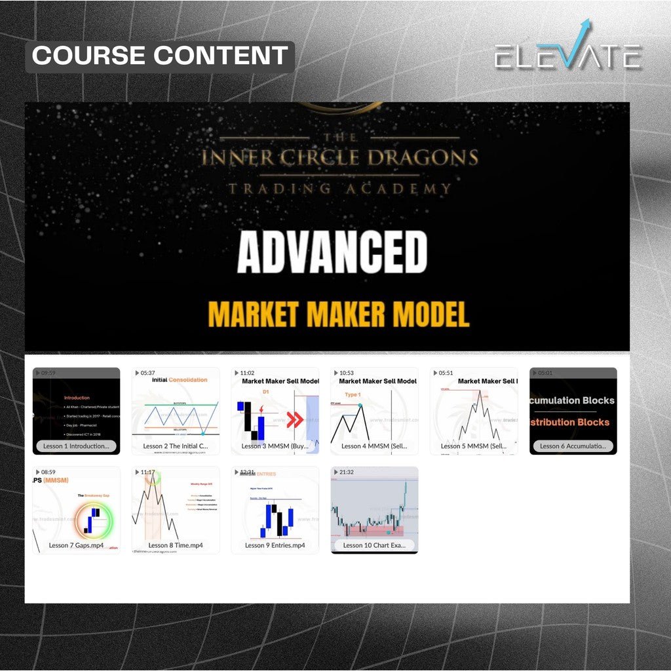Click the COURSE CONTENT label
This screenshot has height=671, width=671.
(x=160, y=56)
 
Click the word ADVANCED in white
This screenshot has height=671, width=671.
(x=332, y=253)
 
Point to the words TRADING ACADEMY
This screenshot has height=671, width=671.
(x=339, y=189)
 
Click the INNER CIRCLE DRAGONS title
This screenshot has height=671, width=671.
(x=339, y=158)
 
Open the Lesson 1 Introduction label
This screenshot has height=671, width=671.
(x=76, y=446)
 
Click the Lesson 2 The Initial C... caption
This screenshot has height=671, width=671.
(x=175, y=446)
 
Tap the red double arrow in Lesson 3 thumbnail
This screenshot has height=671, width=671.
(x=295, y=419)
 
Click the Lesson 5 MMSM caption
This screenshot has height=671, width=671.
(x=473, y=446)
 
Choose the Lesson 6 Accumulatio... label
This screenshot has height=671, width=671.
(x=573, y=446)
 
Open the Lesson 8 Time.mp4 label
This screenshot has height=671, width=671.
(x=175, y=545)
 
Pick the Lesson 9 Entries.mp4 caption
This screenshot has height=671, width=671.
(x=275, y=545)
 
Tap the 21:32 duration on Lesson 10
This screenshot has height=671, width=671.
(x=347, y=472)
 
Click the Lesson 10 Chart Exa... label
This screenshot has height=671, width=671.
(x=374, y=545)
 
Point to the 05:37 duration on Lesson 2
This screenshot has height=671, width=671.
(x=147, y=373)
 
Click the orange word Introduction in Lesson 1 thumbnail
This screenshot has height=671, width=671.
(x=77, y=398)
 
